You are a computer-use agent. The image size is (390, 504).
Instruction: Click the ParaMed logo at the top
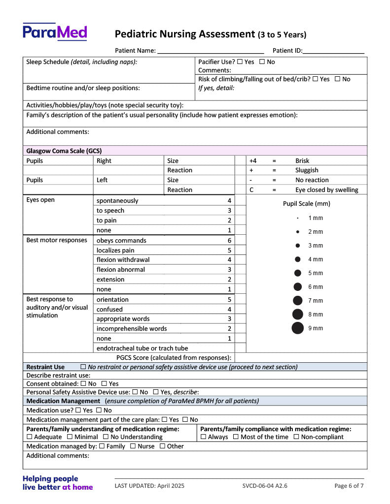click(54, 32)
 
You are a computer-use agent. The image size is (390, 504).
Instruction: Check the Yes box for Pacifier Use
click(240, 62)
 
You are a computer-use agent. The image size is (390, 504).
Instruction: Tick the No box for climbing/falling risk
click(337, 79)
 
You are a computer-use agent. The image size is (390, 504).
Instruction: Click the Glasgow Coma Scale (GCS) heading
click(64, 151)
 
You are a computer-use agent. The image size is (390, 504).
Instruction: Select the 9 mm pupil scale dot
click(298, 328)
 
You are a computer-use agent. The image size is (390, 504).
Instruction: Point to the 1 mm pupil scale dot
click(298, 218)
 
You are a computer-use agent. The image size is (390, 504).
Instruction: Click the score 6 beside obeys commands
click(229, 241)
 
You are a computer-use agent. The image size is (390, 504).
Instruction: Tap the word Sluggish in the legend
click(307, 170)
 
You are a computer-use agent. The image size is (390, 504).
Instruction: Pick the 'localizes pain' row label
click(115, 251)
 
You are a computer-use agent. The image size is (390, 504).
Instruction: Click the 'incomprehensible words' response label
click(132, 329)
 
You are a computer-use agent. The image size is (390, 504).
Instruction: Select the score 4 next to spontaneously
click(229, 201)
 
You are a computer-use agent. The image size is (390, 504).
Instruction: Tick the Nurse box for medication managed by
click(133, 446)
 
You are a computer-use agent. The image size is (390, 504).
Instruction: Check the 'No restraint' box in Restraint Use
click(83, 367)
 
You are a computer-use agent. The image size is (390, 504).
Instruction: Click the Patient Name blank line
click(211, 51)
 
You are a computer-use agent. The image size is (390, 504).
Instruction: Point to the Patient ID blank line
click(334, 51)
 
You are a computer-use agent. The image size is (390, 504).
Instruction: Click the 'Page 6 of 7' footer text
click(349, 486)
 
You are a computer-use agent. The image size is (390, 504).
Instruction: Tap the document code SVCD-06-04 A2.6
click(265, 486)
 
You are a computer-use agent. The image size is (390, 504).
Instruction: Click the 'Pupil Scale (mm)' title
click(307, 204)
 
